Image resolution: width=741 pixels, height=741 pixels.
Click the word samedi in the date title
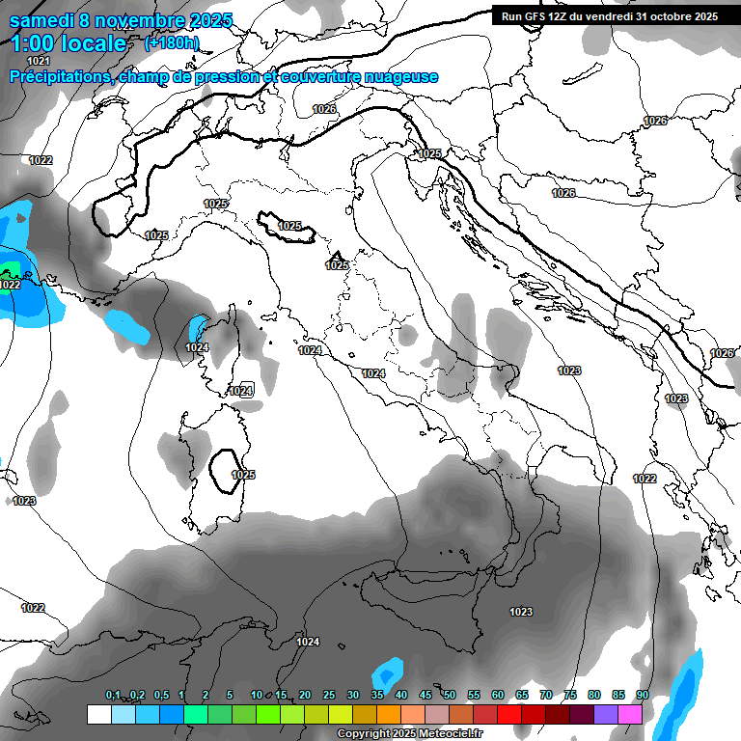click(x=41, y=20)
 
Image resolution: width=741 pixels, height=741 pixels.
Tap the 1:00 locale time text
click(x=69, y=43)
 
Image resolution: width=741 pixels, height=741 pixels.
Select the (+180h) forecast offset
click(x=172, y=43)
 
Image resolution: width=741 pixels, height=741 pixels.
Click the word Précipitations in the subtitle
click(x=60, y=77)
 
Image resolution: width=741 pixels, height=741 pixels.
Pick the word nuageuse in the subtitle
click(x=402, y=77)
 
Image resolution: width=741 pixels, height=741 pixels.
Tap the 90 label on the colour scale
click(x=642, y=695)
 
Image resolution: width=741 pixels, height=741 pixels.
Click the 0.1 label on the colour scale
click(x=113, y=695)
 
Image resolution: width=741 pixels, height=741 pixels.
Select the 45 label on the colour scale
click(x=425, y=695)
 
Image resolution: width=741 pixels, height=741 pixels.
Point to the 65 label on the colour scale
click(x=522, y=695)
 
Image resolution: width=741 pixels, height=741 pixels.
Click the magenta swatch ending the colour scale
click(x=630, y=714)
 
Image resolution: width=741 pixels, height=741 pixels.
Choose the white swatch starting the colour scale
click(x=98, y=714)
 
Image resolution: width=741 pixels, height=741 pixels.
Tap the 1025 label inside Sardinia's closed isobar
click(x=243, y=475)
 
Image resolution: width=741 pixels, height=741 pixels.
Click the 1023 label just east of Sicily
click(x=521, y=612)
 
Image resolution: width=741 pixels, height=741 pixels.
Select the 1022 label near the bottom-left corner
click(x=33, y=608)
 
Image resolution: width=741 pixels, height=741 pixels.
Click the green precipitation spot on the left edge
click(x=10, y=269)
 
